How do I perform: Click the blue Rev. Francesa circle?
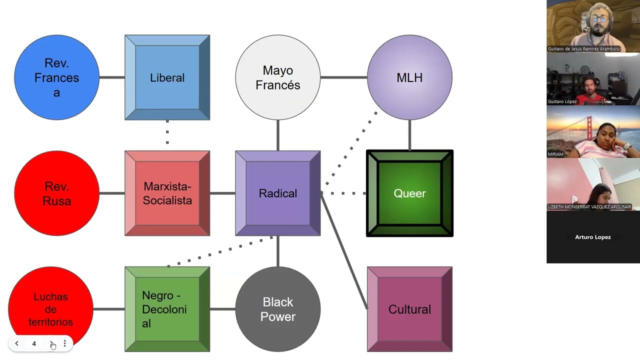57,77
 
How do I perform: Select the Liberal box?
167,77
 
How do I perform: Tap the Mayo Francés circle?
278,77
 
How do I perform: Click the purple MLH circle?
409,77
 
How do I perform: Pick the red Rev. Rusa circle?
57,193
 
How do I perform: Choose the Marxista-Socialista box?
167,193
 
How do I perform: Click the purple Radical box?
278,193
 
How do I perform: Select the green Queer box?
409,193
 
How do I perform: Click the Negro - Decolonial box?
167,309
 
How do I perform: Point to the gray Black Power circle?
278,309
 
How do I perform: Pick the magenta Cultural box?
409,309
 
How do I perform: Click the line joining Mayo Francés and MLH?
344,77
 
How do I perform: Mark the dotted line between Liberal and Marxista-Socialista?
167,132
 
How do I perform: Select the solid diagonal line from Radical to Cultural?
344,250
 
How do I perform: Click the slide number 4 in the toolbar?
34,343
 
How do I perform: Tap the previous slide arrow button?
17,343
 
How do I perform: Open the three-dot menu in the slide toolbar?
65,343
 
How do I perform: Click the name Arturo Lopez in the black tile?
593,237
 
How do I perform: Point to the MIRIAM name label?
555,154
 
